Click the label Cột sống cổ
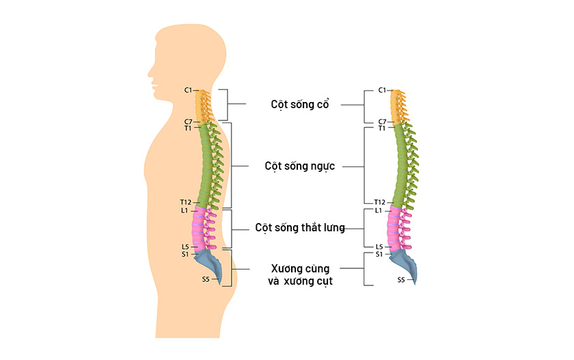300,105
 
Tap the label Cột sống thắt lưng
299,227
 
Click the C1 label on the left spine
188,90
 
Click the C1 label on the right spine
382,90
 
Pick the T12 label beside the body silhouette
186,202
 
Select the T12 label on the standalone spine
379,202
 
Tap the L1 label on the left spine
185,211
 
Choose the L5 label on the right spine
379,246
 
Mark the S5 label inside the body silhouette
205,279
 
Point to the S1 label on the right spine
379,255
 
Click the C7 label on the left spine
188,121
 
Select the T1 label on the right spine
382,128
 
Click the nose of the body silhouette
149,70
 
